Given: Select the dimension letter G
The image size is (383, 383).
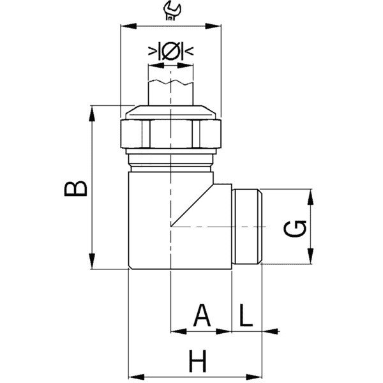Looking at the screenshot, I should tap(296, 227).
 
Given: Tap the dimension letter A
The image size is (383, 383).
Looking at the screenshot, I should tap(202, 315).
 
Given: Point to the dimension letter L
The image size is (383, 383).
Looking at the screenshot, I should tap(246, 315).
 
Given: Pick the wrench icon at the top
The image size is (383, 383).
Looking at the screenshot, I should tap(170, 9).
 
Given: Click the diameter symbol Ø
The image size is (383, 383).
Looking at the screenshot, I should tap(170, 51).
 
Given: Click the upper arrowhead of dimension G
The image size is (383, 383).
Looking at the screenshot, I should tap(311, 196).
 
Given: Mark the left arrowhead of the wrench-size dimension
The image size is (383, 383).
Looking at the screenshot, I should tap(127, 26).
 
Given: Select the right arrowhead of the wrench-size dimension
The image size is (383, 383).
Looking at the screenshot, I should tap(215, 26).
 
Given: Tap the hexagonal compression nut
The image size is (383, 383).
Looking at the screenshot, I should tap(170, 133).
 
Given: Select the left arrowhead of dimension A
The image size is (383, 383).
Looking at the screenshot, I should tap(177, 331).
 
